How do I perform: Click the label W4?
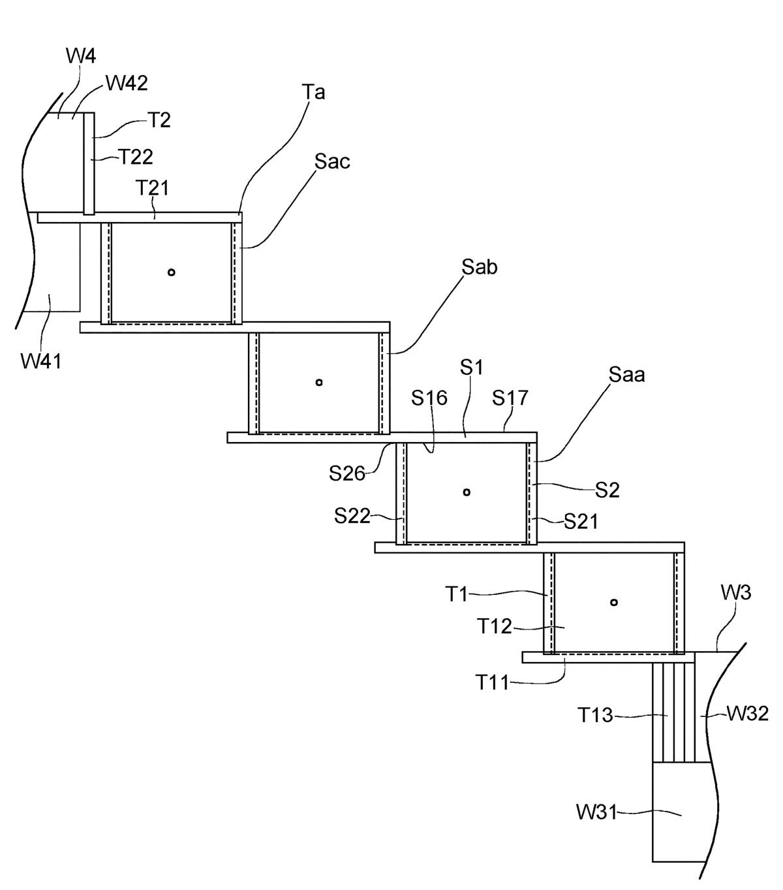click(82, 56)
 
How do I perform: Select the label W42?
click(127, 83)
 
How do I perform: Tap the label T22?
click(135, 157)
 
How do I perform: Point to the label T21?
click(152, 188)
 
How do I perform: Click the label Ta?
click(314, 93)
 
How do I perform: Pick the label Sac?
click(332, 162)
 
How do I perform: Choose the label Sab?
click(479, 267)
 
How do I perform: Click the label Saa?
click(626, 375)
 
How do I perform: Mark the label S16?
click(429, 398)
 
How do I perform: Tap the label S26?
click(346, 473)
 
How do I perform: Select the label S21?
click(581, 521)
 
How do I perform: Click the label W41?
click(41, 360)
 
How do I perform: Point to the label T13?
click(595, 716)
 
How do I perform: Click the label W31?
click(596, 813)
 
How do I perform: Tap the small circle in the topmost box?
click(171, 272)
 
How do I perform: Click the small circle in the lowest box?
click(613, 602)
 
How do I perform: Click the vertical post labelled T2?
click(89, 163)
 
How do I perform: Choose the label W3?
click(736, 594)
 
